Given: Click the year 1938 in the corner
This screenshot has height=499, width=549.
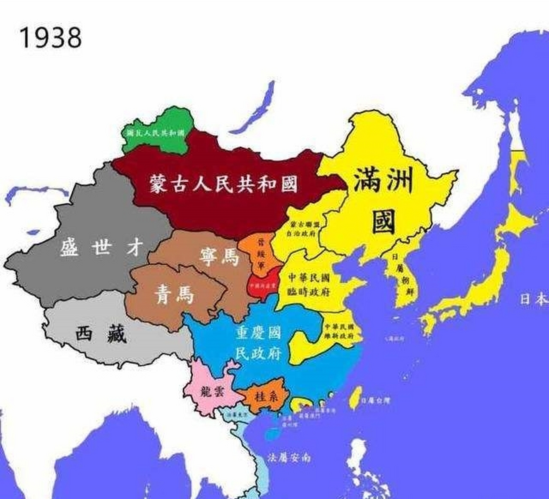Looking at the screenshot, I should click(x=50, y=37).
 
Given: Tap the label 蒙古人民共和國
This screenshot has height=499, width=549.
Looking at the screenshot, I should click(x=223, y=184).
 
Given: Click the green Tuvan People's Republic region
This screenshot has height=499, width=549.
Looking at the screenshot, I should click(x=156, y=133).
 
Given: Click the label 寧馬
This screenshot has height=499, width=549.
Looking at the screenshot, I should click(x=218, y=257).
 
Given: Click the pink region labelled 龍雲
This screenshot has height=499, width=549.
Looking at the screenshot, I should click(x=213, y=392).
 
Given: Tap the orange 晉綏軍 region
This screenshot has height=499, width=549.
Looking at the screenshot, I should click(x=258, y=249).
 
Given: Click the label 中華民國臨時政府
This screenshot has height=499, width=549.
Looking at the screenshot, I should click(x=309, y=285).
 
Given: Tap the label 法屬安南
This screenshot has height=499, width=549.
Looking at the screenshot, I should click(x=289, y=458).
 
